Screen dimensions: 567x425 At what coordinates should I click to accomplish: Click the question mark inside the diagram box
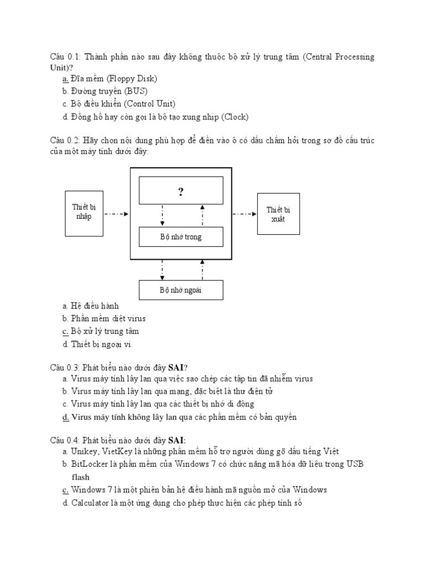[180, 192]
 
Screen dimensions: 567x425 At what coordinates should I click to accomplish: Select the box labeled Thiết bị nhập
[84, 212]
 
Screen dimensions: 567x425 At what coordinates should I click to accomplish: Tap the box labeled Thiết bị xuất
[278, 213]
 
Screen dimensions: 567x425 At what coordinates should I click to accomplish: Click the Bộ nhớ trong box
[181, 237]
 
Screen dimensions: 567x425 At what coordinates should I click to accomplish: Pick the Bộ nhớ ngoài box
[181, 290]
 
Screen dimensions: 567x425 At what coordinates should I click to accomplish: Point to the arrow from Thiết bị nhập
[116, 213]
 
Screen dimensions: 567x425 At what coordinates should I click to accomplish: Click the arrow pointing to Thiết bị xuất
[244, 213]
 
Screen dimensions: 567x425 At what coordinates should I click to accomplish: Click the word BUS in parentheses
[136, 91]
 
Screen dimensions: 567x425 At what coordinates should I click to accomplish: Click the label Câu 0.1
[65, 57]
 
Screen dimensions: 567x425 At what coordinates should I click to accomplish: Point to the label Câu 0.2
[65, 140]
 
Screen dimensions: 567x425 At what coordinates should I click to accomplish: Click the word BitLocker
[87, 464]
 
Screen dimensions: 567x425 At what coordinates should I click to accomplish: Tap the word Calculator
[91, 503]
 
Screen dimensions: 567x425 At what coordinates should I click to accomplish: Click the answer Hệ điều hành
[95, 306]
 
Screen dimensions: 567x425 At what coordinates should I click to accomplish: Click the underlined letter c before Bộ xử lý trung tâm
[65, 331]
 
